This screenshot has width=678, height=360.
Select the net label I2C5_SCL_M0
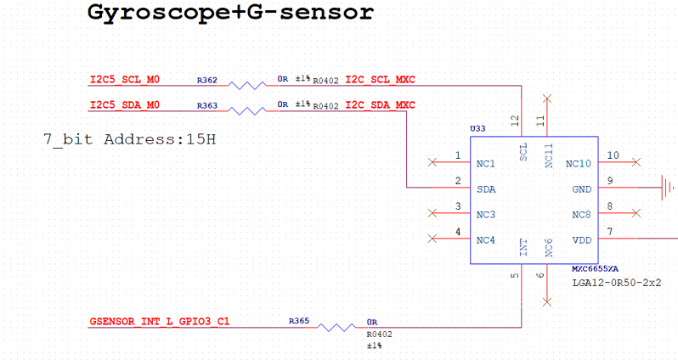click(x=125, y=81)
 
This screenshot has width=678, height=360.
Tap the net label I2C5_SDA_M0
click(x=125, y=105)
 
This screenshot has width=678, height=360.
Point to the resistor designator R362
click(x=207, y=81)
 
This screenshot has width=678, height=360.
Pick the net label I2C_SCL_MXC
click(x=380, y=81)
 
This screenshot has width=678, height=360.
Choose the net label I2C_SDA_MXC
click(x=380, y=105)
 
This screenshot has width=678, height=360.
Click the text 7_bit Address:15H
click(x=129, y=138)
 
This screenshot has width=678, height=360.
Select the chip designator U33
click(x=477, y=129)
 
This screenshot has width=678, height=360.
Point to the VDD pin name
click(x=582, y=240)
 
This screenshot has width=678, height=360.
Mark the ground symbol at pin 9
click(x=669, y=185)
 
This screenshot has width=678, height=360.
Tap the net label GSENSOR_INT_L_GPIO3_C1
click(x=159, y=323)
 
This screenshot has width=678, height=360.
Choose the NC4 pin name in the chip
click(x=486, y=240)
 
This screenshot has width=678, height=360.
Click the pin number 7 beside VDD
click(x=609, y=232)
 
